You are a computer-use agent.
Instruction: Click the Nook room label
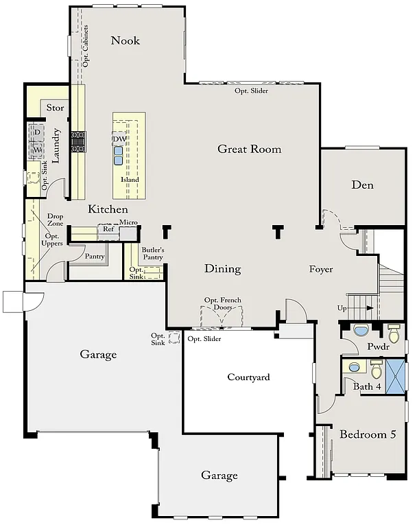coord(126,40)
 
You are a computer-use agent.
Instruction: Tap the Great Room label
coord(250,149)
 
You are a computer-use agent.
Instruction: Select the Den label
coord(362,185)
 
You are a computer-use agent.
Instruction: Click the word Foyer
coord(321,269)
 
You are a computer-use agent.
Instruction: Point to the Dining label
coord(223,269)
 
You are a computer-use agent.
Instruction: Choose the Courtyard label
coord(248,377)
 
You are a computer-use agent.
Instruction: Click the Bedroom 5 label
coord(368,434)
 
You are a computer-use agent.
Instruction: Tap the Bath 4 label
coord(367,387)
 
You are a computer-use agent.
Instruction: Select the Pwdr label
coord(379,347)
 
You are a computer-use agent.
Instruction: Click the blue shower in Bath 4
coord(396,374)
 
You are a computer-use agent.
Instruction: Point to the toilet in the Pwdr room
coord(394,333)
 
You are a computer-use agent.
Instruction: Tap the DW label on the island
coord(119,139)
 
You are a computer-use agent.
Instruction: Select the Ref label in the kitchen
coord(108,229)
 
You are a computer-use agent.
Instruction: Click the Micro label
coord(129,223)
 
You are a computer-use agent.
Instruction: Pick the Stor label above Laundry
coord(55,108)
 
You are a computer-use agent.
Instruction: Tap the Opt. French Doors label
coord(221,304)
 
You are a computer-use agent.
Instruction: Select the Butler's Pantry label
coord(153,254)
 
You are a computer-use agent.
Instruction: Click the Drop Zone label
coord(55,220)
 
